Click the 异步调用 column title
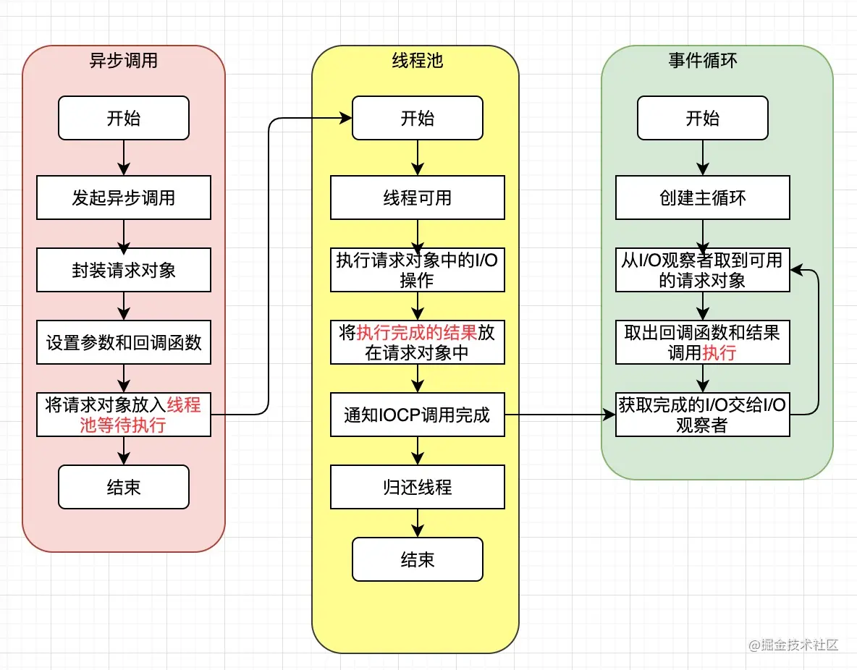click(x=124, y=60)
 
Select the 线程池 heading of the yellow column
click(x=417, y=60)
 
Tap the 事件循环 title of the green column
click(x=702, y=60)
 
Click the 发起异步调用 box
click(x=124, y=198)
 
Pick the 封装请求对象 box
click(x=124, y=270)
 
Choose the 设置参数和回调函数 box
click(x=124, y=342)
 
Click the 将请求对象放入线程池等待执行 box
click(x=124, y=415)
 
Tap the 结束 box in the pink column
click(x=124, y=487)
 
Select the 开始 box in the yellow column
click(x=418, y=118)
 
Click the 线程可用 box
click(x=418, y=198)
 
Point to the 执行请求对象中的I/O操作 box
click(x=418, y=270)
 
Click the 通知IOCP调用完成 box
click(x=418, y=415)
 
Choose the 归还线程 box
click(x=418, y=487)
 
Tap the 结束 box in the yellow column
click(x=418, y=559)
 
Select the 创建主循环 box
click(x=703, y=198)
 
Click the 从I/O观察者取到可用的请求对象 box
click(x=703, y=270)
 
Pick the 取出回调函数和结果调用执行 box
click(x=703, y=342)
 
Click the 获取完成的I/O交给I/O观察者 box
click(x=703, y=415)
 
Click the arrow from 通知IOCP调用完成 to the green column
click(x=560, y=415)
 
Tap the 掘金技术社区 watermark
click(x=793, y=645)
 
